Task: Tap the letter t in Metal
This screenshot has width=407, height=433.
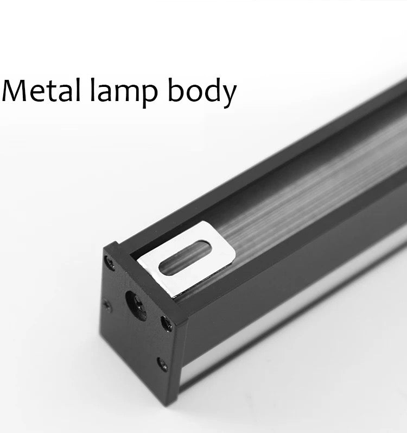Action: pyautogui.click(x=56, y=91)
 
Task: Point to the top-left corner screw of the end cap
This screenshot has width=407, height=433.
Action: pyautogui.click(x=110, y=262)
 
